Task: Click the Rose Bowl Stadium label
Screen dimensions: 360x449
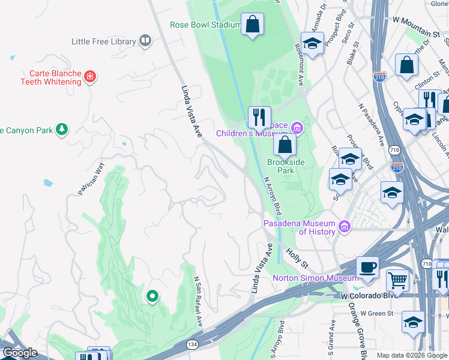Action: click(205, 25)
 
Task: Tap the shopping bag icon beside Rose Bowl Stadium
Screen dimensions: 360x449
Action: click(253, 25)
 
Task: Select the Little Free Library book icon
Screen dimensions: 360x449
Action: click(145, 41)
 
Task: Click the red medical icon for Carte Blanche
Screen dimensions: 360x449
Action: click(90, 76)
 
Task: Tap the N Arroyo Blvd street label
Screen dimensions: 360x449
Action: click(272, 195)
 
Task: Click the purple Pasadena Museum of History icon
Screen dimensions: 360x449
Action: click(344, 226)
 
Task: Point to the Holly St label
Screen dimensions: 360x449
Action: click(296, 259)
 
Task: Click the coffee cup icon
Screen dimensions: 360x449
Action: click(367, 267)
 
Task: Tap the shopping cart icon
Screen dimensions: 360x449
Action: click(397, 280)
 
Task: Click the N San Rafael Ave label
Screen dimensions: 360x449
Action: click(197, 301)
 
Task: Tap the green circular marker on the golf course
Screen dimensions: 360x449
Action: click(152, 296)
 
